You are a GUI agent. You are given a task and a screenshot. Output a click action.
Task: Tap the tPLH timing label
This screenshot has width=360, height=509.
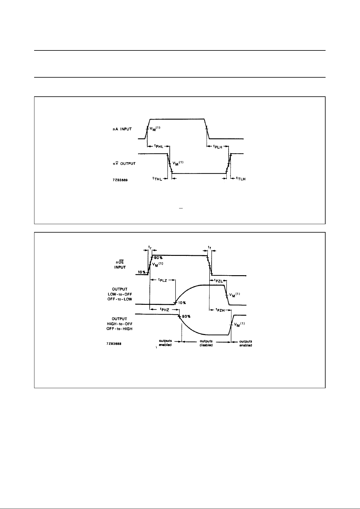(218, 147)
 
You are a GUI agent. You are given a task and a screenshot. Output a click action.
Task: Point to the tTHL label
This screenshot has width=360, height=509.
(157, 179)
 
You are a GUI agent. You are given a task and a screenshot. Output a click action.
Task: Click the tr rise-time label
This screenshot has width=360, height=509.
(150, 247)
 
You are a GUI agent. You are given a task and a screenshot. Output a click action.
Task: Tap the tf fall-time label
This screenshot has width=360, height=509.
(209, 247)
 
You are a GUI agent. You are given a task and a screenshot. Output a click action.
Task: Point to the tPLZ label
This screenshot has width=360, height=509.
(163, 280)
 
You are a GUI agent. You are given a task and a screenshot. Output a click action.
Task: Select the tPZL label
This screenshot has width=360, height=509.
(218, 280)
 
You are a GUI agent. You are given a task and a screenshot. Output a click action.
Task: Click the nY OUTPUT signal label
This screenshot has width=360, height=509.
(122, 163)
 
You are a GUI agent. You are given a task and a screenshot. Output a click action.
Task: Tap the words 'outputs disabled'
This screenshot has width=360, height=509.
(206, 343)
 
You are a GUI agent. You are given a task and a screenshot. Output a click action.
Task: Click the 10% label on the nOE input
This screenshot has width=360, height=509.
(142, 272)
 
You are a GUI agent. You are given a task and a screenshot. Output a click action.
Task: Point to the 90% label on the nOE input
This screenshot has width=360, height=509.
(158, 258)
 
